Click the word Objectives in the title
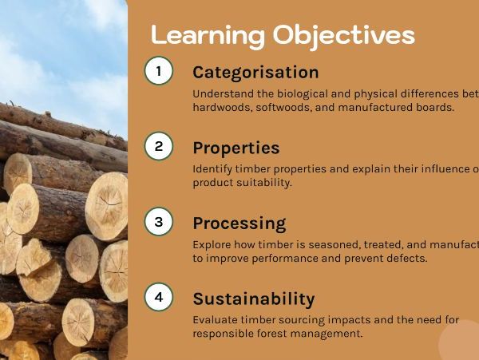tap(343, 35)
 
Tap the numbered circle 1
tap(158, 71)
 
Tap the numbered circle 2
tap(158, 146)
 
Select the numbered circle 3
tap(158, 222)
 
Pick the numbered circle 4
tap(158, 297)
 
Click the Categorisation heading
tap(255, 72)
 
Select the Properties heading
tap(236, 148)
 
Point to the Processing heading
tap(239, 223)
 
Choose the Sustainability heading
tap(253, 299)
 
